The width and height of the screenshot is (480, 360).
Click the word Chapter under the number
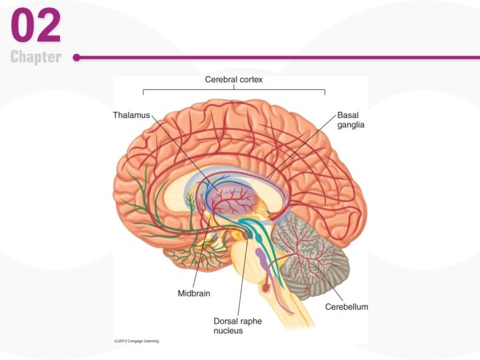pos(36,57)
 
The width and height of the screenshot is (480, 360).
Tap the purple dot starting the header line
pos(77,57)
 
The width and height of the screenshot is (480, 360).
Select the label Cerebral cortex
pos(234,79)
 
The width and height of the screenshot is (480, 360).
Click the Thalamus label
pos(132,115)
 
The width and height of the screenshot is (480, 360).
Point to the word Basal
pos(348,115)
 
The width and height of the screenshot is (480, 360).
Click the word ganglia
pos(351,125)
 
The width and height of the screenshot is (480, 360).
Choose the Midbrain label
pos(195,293)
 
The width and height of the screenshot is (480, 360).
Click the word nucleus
pos(229,331)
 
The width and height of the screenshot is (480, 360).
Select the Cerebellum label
pos(347,307)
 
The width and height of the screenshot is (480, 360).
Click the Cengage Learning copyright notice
pos(137,341)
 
